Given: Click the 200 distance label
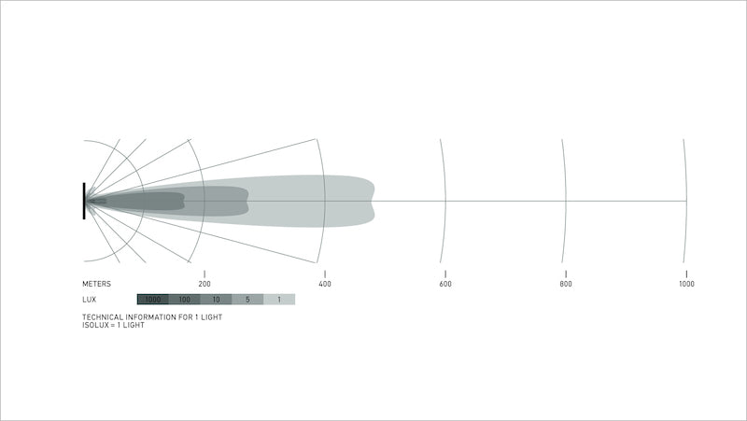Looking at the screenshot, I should coord(204,283).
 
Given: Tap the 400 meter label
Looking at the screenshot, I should coord(324,283).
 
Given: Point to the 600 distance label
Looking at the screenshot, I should coord(444,283).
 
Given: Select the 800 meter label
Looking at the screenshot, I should coord(566,283).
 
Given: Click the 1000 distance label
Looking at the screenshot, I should coord(686,283).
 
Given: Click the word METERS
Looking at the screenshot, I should coord(96,283).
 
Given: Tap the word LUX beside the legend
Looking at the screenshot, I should coord(90,300).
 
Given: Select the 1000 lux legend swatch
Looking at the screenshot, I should coord(153,300).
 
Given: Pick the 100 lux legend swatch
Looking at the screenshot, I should coord(185,300).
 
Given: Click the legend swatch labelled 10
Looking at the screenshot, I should coord(216,300).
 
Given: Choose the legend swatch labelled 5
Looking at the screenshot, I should coord(247,300).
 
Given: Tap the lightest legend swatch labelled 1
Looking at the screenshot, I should coord(279,300).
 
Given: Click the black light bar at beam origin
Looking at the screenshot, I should coord(84,201).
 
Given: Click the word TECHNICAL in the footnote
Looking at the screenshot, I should coord(103,317).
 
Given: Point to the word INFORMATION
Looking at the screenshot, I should coord(152,317).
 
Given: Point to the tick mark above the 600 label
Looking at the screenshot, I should coord(444,273).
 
